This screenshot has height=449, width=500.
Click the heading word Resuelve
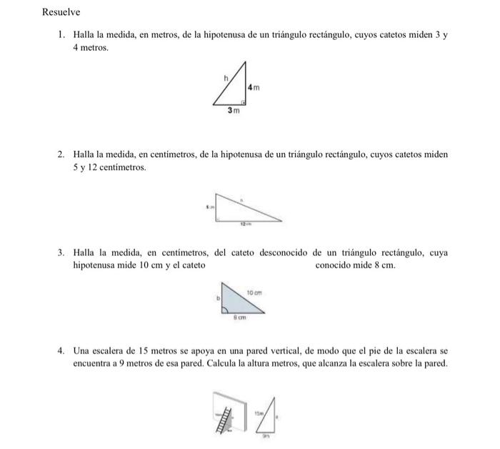click(61, 12)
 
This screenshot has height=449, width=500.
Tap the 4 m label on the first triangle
click(253, 87)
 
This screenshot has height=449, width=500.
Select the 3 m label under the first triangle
click(233, 111)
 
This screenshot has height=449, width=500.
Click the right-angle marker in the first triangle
click(242, 102)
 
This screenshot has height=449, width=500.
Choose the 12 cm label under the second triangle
click(246, 224)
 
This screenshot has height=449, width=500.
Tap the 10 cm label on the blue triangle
click(254, 292)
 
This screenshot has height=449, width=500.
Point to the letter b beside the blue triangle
click(211, 300)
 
